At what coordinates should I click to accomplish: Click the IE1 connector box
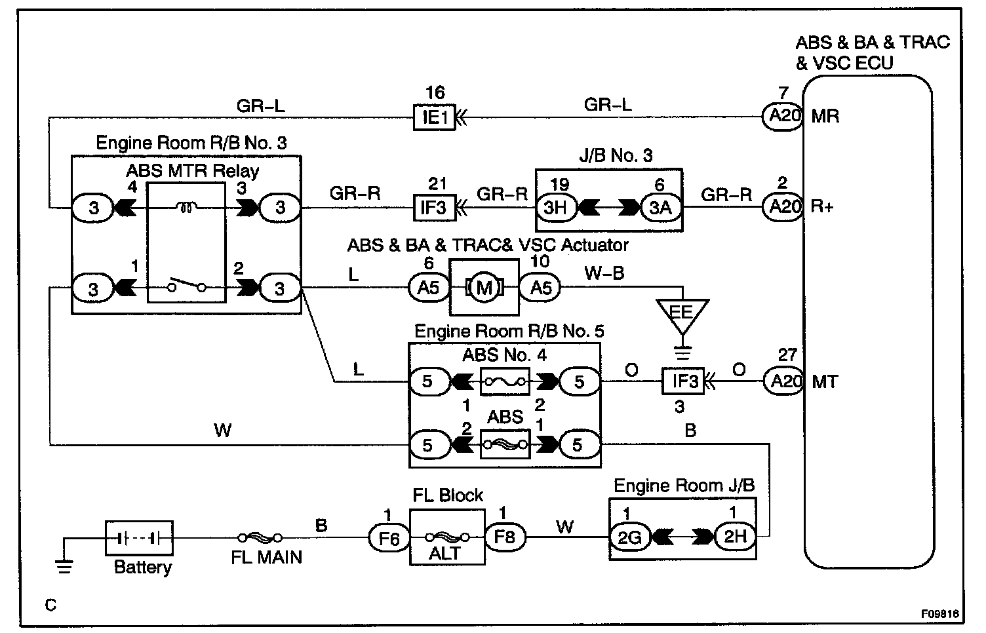click(x=434, y=118)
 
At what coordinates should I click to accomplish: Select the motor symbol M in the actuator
click(x=484, y=287)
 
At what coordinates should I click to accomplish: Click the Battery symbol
click(x=138, y=538)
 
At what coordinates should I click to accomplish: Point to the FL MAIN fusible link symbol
click(x=260, y=538)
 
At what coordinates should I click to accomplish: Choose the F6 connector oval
click(x=389, y=538)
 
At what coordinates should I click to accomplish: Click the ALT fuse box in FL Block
click(x=447, y=538)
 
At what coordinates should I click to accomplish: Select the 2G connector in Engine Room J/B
click(x=630, y=537)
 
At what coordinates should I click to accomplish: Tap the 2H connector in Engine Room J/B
click(x=735, y=537)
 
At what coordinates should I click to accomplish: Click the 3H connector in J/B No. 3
click(x=556, y=208)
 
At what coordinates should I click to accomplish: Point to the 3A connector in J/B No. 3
click(x=661, y=208)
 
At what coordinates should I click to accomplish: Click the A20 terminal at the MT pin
click(x=783, y=381)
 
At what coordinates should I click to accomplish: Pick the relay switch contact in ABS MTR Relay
click(x=187, y=287)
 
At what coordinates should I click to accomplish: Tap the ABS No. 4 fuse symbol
click(x=505, y=381)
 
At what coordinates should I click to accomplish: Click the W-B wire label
click(x=604, y=273)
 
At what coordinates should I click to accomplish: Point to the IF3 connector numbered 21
click(x=434, y=208)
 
